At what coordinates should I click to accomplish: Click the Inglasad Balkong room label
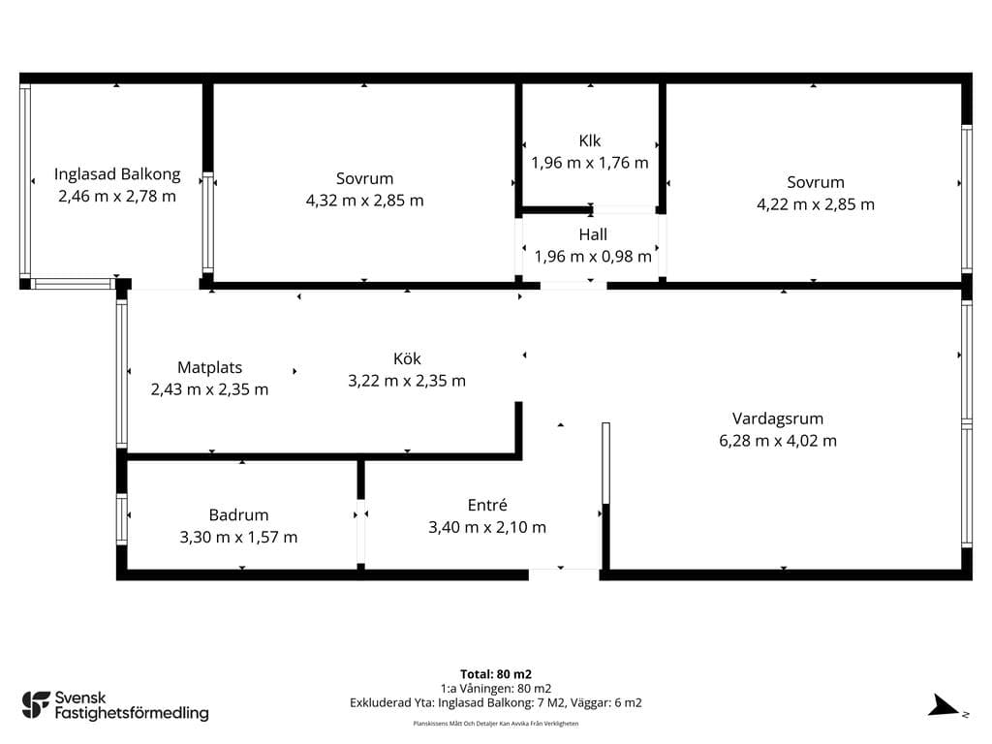[x=117, y=174]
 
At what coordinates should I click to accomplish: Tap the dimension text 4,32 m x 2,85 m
[x=364, y=201]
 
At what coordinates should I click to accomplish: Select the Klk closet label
[x=590, y=140]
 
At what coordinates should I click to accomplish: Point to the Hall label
[x=593, y=234]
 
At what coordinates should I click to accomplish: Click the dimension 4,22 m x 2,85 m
[x=816, y=204]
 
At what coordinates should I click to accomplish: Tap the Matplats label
[x=209, y=367]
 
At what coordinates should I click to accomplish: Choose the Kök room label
[x=407, y=358]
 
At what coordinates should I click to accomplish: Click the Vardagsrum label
[x=778, y=418]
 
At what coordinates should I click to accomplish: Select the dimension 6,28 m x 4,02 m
[x=778, y=441]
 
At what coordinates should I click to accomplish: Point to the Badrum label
[x=238, y=515]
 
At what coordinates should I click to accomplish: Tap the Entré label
[x=487, y=505]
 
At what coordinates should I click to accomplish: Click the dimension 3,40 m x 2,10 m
[x=487, y=527]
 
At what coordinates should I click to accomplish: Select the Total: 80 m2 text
[x=496, y=674]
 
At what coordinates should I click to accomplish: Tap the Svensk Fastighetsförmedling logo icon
[x=36, y=705]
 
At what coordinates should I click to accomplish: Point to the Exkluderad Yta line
[x=496, y=703]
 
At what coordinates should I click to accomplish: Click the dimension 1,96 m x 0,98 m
[x=593, y=256]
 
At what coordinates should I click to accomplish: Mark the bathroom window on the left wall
[x=121, y=519]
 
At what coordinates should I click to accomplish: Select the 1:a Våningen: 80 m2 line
[x=496, y=689]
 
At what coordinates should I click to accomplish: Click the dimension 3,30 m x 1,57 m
[x=238, y=537]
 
